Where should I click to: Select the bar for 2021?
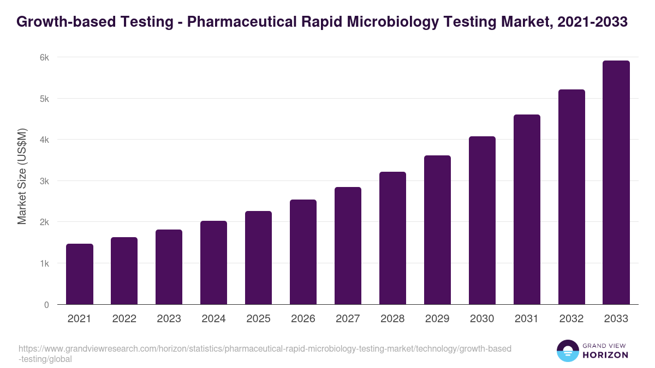80,274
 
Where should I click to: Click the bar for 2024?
214,263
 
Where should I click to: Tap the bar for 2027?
348,246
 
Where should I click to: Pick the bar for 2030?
482,220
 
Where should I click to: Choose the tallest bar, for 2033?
616,183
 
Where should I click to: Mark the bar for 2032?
571,197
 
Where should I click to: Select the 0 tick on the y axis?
47,305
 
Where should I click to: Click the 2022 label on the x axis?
124,319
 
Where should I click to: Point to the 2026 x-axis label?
303,319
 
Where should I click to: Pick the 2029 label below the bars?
437,319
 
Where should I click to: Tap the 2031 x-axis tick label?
527,319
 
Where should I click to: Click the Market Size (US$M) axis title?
22,176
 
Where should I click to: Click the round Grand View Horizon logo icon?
568,351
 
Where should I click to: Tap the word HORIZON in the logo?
605,355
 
